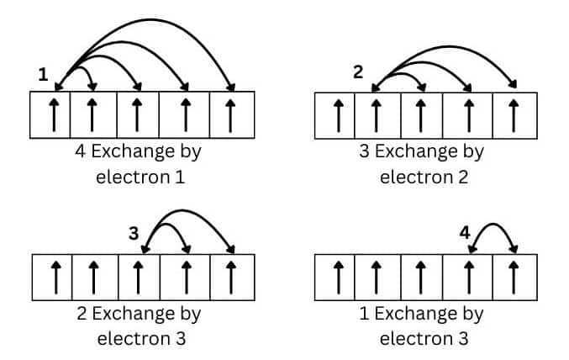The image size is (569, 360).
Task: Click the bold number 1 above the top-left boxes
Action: pos(44,75)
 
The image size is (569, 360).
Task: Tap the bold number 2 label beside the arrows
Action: pos(358,71)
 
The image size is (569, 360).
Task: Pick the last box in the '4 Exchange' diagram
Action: pos(232,114)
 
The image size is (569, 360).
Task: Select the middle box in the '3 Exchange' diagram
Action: pos(423,114)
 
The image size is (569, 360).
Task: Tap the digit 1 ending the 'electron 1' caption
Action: pos(178,177)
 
